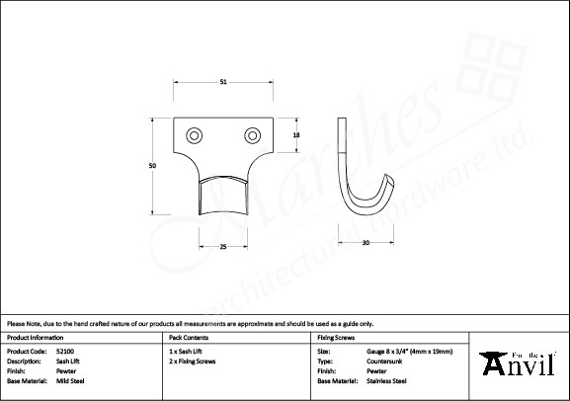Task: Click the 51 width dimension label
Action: point(223,83)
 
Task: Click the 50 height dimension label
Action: point(152,167)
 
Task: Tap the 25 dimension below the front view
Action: point(223,245)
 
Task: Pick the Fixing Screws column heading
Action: point(336,337)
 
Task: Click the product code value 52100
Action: point(66,351)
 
